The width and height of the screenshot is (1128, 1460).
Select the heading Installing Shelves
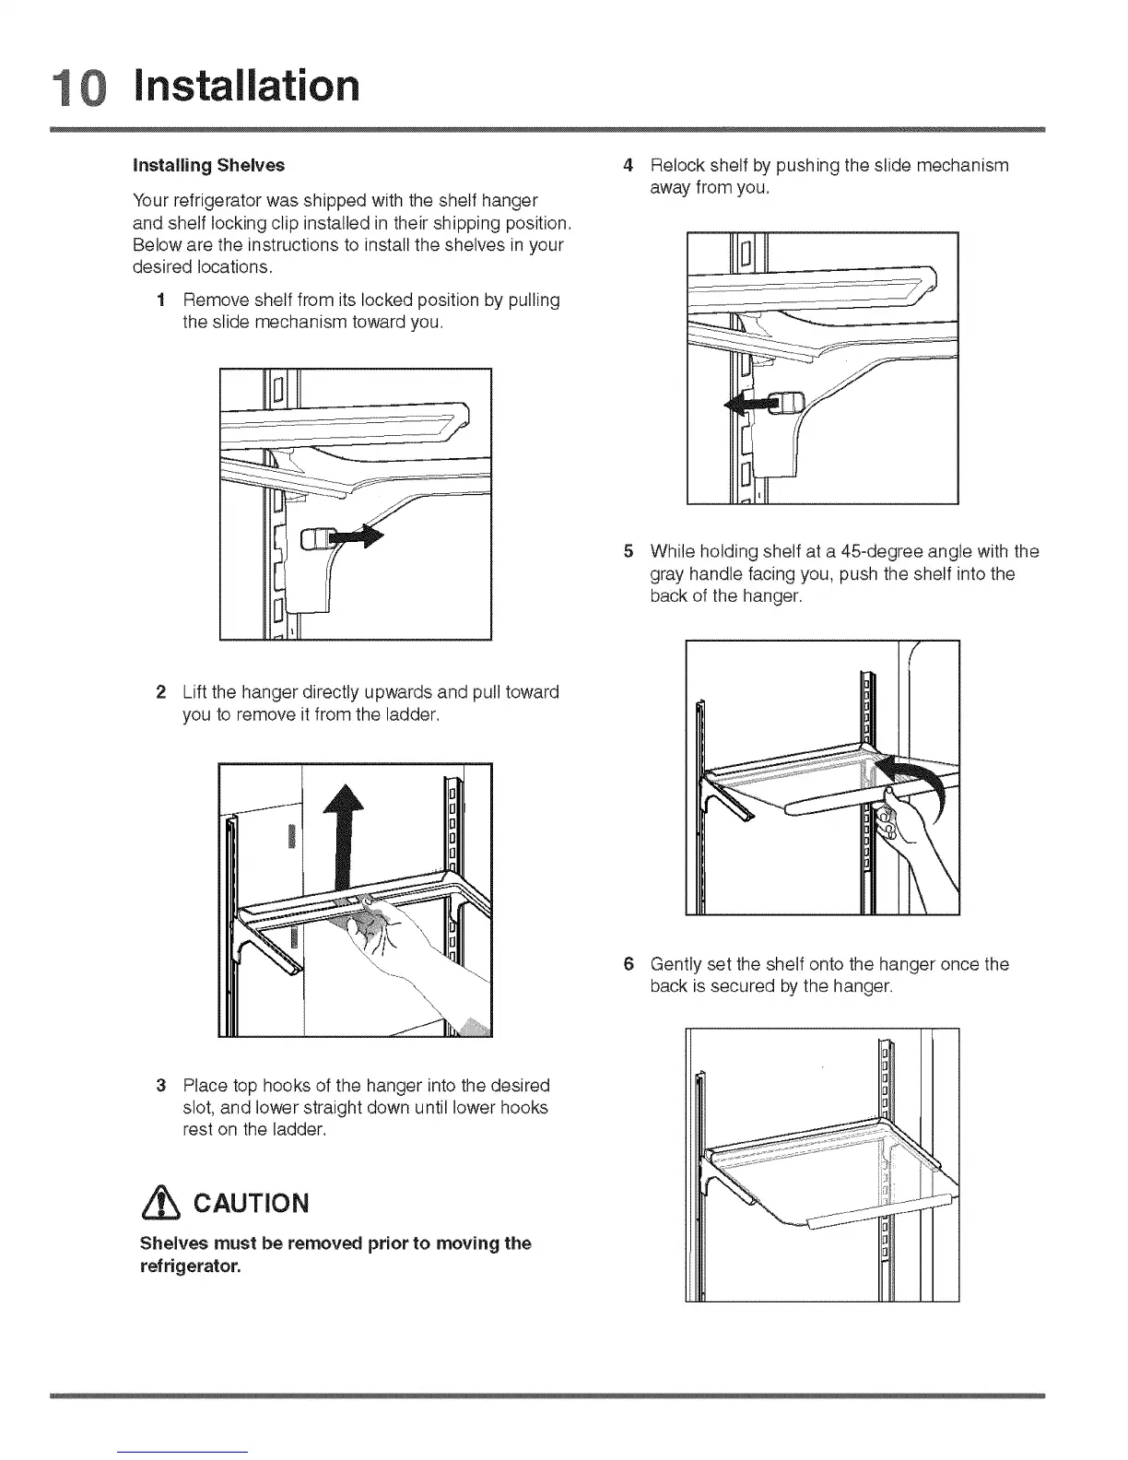click(x=209, y=166)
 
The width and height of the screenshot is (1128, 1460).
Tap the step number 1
click(x=161, y=300)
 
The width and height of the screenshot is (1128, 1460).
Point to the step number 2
click(x=161, y=692)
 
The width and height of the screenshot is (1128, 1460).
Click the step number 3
click(x=161, y=1085)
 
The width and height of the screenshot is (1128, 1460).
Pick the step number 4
click(x=629, y=166)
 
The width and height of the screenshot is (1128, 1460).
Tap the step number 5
click(x=629, y=552)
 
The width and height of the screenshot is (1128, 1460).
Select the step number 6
click(x=629, y=965)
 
